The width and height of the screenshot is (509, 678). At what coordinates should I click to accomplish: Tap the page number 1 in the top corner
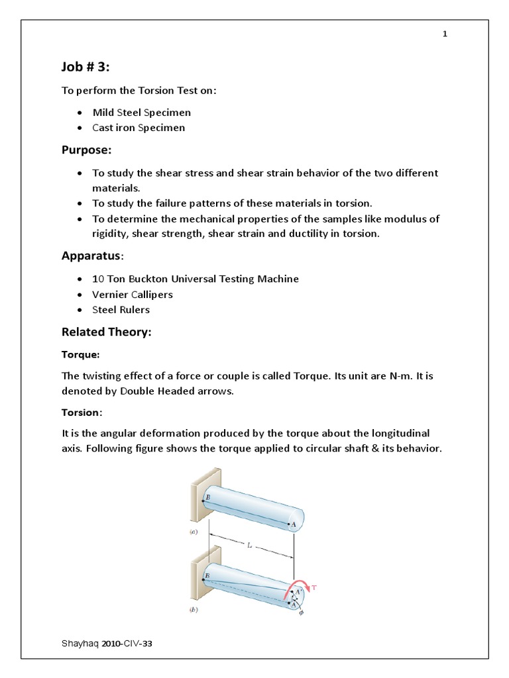coord(445,35)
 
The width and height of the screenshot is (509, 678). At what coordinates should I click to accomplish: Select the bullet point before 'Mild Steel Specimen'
coord(80,113)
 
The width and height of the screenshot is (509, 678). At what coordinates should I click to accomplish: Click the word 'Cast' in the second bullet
coord(103,128)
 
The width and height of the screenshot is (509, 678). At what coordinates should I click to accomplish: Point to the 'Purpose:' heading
coord(87,150)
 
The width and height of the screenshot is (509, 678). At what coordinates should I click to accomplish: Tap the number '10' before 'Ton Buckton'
coord(98,279)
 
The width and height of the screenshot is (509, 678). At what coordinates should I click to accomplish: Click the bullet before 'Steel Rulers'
coord(80,310)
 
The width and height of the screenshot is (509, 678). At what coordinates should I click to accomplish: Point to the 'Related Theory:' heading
coord(106,332)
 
